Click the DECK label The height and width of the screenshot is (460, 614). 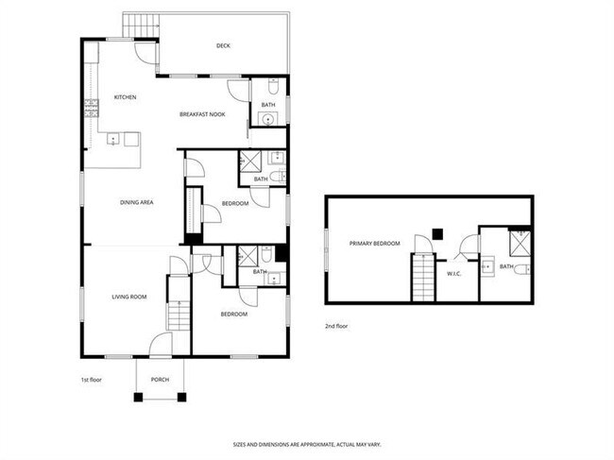(223, 45)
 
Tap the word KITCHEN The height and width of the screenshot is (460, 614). (126, 97)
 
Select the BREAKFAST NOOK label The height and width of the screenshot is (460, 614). (201, 115)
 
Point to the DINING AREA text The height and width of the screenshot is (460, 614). (137, 202)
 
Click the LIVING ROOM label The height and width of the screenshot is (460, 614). (129, 298)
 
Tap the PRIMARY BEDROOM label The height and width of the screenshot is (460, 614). (375, 244)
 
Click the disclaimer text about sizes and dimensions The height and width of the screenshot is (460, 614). (307, 443)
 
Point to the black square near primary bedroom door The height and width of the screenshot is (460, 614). (436, 233)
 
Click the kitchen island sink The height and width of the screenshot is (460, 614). (114, 140)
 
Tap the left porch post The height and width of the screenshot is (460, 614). (138, 397)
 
